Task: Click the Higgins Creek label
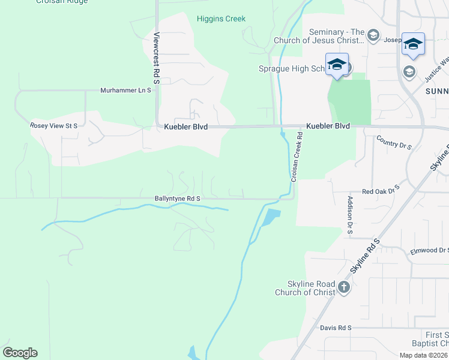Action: click(221, 19)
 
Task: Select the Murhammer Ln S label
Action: click(127, 91)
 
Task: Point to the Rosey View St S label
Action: click(54, 126)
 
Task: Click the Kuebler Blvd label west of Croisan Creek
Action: click(186, 127)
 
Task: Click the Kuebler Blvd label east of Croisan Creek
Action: click(328, 127)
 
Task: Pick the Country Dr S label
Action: click(394, 143)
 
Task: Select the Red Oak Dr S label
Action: click(381, 191)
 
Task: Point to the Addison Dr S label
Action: click(349, 215)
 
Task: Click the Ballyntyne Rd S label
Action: click(177, 198)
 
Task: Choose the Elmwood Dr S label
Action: click(429, 251)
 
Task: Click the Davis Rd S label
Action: click(335, 328)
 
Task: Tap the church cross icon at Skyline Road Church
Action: click(343, 287)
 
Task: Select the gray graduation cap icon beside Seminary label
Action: click(373, 35)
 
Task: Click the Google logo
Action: click(20, 353)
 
